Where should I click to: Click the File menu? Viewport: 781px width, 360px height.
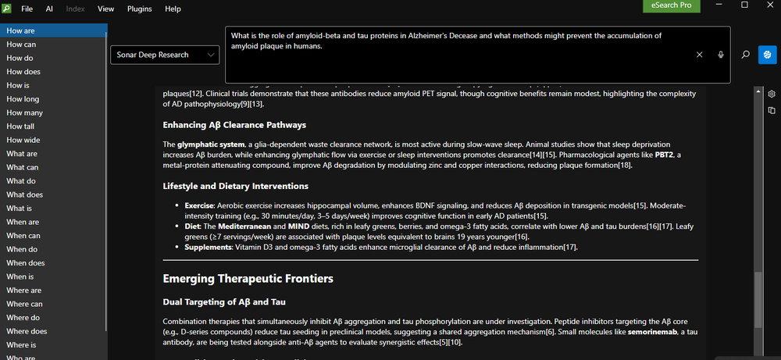tap(27, 9)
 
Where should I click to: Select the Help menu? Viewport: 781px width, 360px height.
tap(173, 9)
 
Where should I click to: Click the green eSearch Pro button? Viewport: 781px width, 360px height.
tap(672, 6)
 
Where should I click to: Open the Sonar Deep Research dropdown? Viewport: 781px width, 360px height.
tap(165, 55)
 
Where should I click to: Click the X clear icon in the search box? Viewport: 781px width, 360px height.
tap(700, 55)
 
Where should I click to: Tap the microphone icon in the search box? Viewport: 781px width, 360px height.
tap(722, 55)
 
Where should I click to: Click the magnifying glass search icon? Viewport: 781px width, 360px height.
tap(746, 55)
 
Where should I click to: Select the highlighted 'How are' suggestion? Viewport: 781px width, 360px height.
tap(21, 30)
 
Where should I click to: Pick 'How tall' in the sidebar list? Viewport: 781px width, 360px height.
tap(21, 127)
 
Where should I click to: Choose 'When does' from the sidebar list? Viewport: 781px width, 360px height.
tap(26, 263)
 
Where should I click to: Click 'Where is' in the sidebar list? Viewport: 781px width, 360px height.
tap(22, 344)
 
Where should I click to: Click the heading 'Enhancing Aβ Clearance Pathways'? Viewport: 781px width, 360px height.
tap(234, 125)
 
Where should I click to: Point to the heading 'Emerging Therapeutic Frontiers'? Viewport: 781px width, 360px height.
tap(248, 279)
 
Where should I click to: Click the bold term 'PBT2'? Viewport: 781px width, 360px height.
tap(665, 155)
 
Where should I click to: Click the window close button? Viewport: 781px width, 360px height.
tap(766, 6)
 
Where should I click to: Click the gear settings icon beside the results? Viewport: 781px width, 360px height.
tap(772, 92)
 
